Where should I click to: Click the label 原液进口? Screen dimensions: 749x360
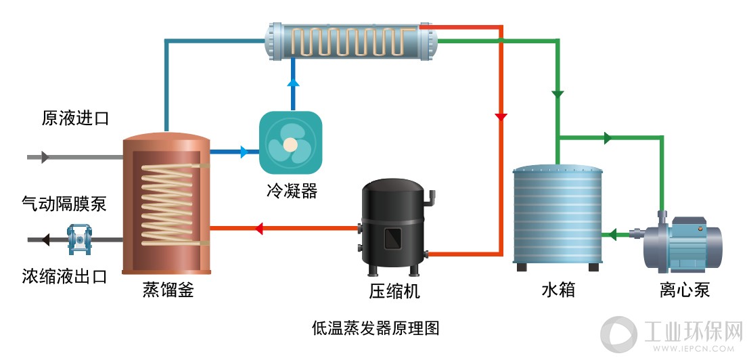(x=75, y=118)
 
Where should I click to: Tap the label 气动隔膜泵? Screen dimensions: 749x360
(x=64, y=204)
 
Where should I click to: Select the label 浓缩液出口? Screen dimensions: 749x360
(x=64, y=276)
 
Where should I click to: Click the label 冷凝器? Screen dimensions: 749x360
(x=292, y=191)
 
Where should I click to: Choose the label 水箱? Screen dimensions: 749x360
(x=558, y=290)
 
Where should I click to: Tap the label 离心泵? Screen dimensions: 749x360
(x=685, y=290)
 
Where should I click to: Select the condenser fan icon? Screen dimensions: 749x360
(x=290, y=143)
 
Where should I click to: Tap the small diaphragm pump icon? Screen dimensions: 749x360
(x=76, y=240)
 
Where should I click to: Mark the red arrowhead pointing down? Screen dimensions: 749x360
(x=501, y=116)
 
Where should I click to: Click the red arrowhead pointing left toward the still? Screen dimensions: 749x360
(x=258, y=228)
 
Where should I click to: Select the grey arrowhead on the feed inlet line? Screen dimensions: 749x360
(x=45, y=156)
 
